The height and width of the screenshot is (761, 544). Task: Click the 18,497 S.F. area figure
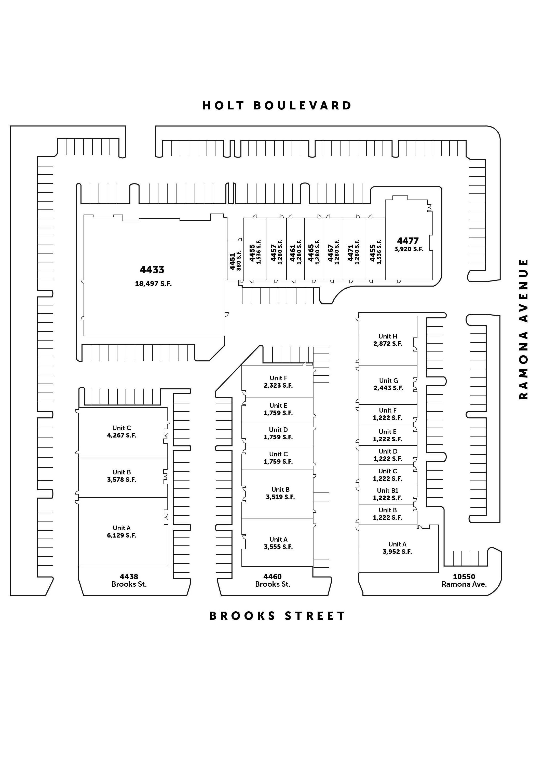tap(153, 284)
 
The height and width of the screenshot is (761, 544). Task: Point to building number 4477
tap(408, 241)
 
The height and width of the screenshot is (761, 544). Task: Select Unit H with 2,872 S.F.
tap(388, 340)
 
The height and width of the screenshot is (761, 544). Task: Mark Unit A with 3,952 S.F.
tap(397, 548)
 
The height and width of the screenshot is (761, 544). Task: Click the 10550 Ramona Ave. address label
tap(464, 580)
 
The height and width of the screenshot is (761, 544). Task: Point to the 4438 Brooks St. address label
tap(129, 580)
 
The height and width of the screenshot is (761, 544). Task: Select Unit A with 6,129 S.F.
tap(121, 532)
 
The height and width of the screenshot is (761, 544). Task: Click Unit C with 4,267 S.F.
tap(121, 432)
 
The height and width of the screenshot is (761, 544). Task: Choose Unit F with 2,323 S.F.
tap(278, 382)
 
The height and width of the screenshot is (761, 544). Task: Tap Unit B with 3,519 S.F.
tap(280, 493)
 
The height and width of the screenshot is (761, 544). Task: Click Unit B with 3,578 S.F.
tap(121, 476)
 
